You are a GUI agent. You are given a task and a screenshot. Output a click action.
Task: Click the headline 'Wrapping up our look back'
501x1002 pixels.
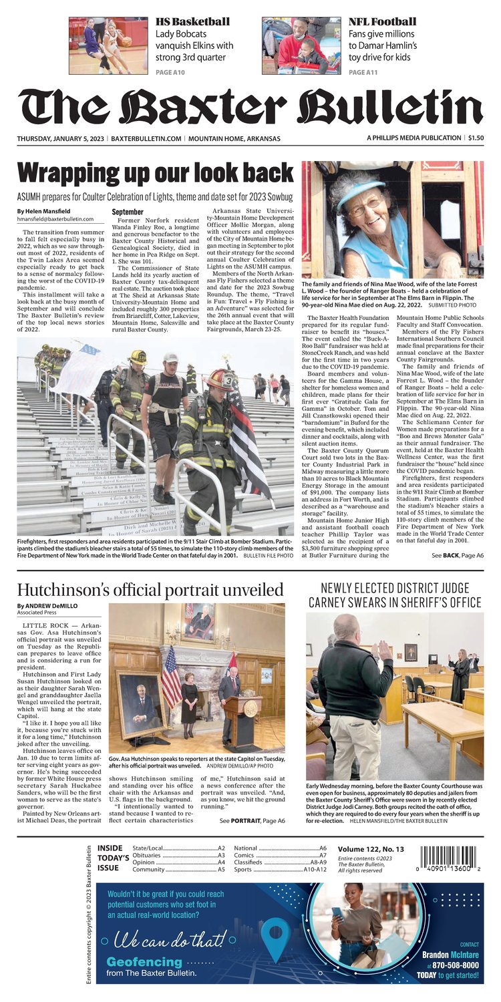click(x=155, y=174)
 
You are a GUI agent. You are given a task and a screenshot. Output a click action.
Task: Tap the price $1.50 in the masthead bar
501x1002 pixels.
click(x=476, y=138)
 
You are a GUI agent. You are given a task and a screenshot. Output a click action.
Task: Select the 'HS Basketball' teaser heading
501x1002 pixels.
click(x=192, y=22)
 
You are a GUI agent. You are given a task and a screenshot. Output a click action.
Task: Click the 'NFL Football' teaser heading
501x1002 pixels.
click(x=382, y=22)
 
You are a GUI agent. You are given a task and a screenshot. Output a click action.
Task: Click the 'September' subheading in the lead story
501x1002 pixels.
click(x=127, y=212)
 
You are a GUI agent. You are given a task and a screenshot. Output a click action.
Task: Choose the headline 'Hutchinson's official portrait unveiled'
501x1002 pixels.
click(x=150, y=590)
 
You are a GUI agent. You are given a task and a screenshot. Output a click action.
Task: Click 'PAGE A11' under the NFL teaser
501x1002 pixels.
click(x=361, y=71)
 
